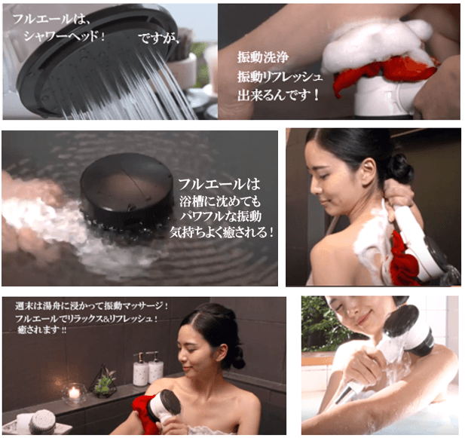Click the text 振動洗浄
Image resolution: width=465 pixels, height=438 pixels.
pos(263,57)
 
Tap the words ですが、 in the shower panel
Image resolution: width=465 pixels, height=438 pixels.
pos(159,38)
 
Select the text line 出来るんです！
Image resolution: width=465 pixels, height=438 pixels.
pos(278,96)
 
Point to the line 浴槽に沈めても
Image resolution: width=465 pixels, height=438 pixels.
pos(220,201)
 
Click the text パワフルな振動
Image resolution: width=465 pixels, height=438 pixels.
pos(220,216)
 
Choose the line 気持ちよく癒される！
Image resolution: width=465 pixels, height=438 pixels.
pos(222,232)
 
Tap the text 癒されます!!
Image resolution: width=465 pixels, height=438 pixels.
pos(41,329)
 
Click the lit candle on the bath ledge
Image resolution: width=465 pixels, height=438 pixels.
pos(74,393)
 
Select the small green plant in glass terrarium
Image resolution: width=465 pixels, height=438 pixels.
pos(103,382)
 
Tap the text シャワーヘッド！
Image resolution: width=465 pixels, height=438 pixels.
pos(64,36)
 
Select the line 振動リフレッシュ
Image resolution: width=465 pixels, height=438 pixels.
pos(280,77)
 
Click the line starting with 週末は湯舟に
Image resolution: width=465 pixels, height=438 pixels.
pos(91,306)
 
